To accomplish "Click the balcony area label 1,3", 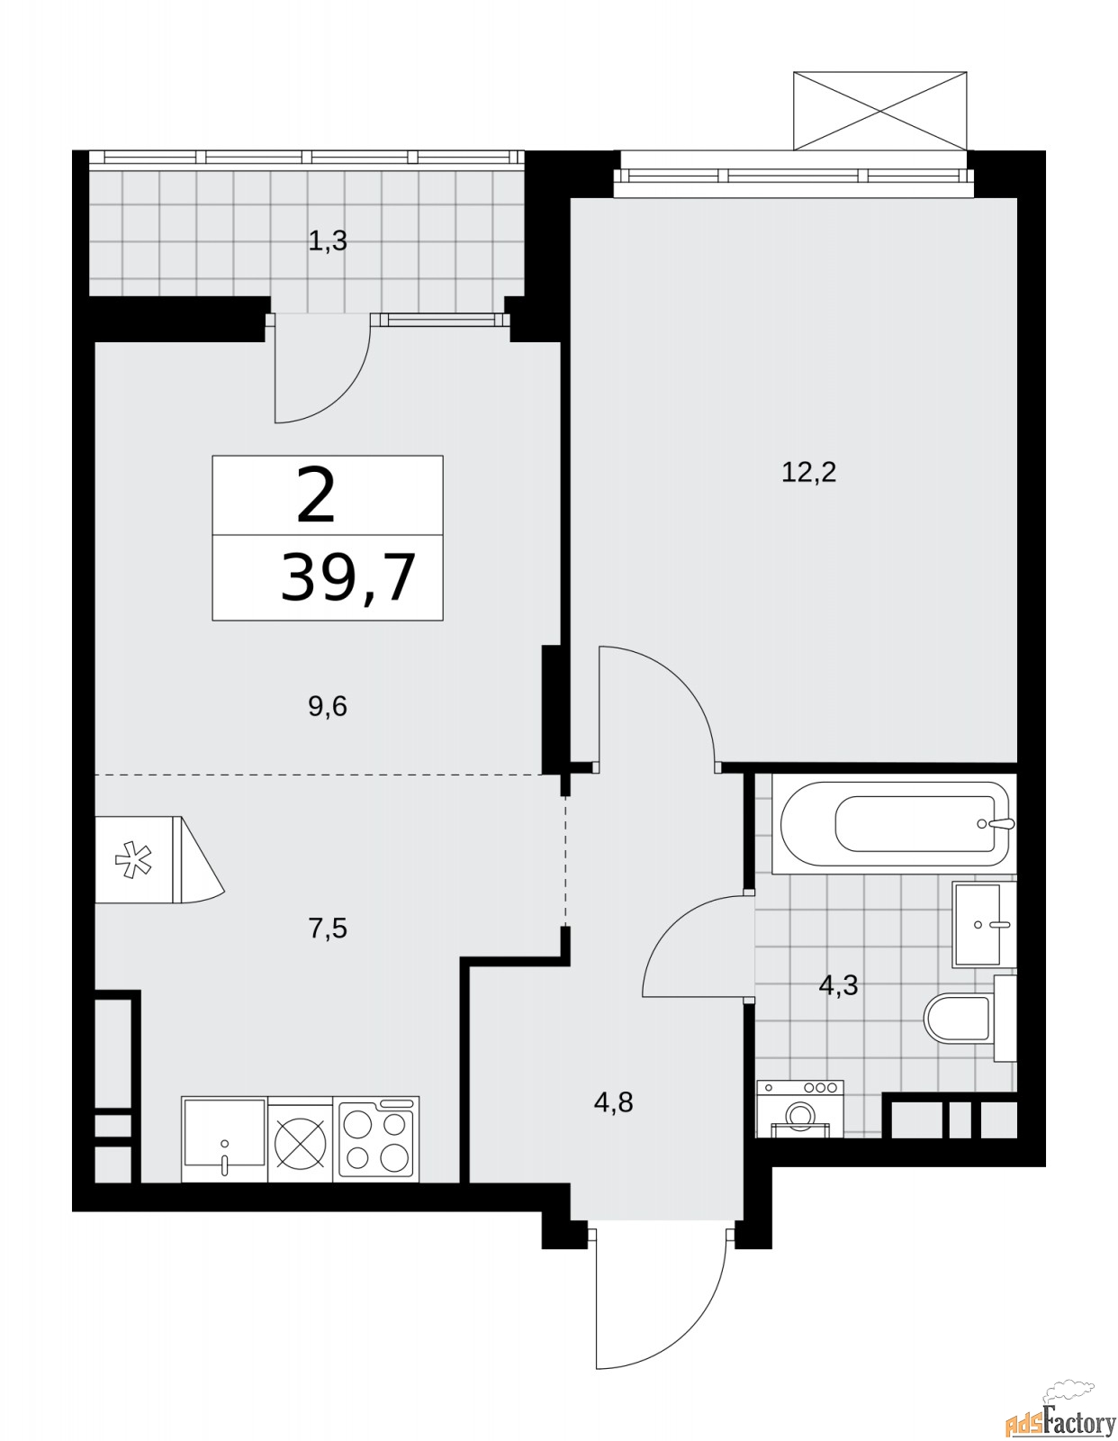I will pyautogui.click(x=328, y=241).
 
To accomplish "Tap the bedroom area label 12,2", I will pyautogui.click(x=808, y=472).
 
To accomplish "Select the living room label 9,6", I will pyautogui.click(x=328, y=707).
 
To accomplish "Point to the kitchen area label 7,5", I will pyautogui.click(x=328, y=929).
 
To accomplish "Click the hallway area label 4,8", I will pyautogui.click(x=613, y=1102).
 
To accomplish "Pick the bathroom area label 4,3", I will pyautogui.click(x=838, y=985).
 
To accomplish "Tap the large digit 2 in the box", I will pyautogui.click(x=316, y=495).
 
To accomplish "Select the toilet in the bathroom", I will pyautogui.click(x=959, y=1018).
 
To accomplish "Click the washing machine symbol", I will pyautogui.click(x=799, y=1107).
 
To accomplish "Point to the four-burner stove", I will pyautogui.click(x=375, y=1138).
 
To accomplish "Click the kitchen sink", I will pyautogui.click(x=223, y=1138).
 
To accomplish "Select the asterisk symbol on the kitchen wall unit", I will pyautogui.click(x=131, y=860).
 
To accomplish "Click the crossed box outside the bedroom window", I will pyautogui.click(x=880, y=111).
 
